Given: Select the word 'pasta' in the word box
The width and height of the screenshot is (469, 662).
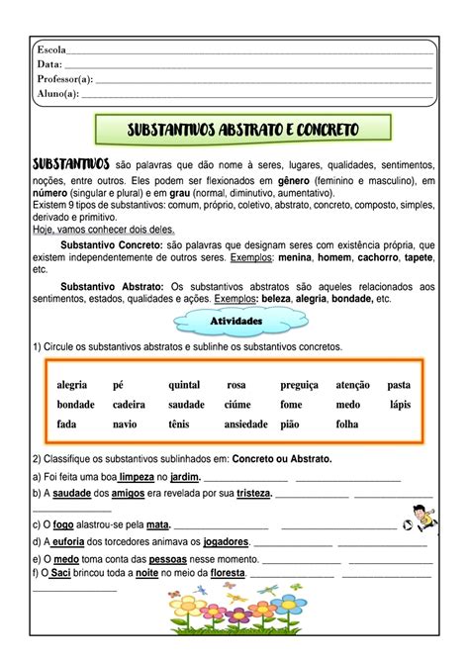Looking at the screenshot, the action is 399,384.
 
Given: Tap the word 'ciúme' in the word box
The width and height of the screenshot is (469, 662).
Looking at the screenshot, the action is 239,404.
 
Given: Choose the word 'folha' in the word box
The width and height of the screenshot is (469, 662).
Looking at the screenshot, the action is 347,424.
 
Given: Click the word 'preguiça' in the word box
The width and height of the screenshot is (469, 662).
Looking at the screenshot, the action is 300,384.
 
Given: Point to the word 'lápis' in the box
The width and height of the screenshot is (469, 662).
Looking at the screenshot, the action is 399,404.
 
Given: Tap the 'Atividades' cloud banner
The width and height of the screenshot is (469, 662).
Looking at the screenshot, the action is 235,322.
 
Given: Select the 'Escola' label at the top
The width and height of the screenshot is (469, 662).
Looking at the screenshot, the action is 50,50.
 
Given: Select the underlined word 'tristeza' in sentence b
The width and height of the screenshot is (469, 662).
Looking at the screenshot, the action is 253,493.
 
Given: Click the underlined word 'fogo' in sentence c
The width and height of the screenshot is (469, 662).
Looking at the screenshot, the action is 62,525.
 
